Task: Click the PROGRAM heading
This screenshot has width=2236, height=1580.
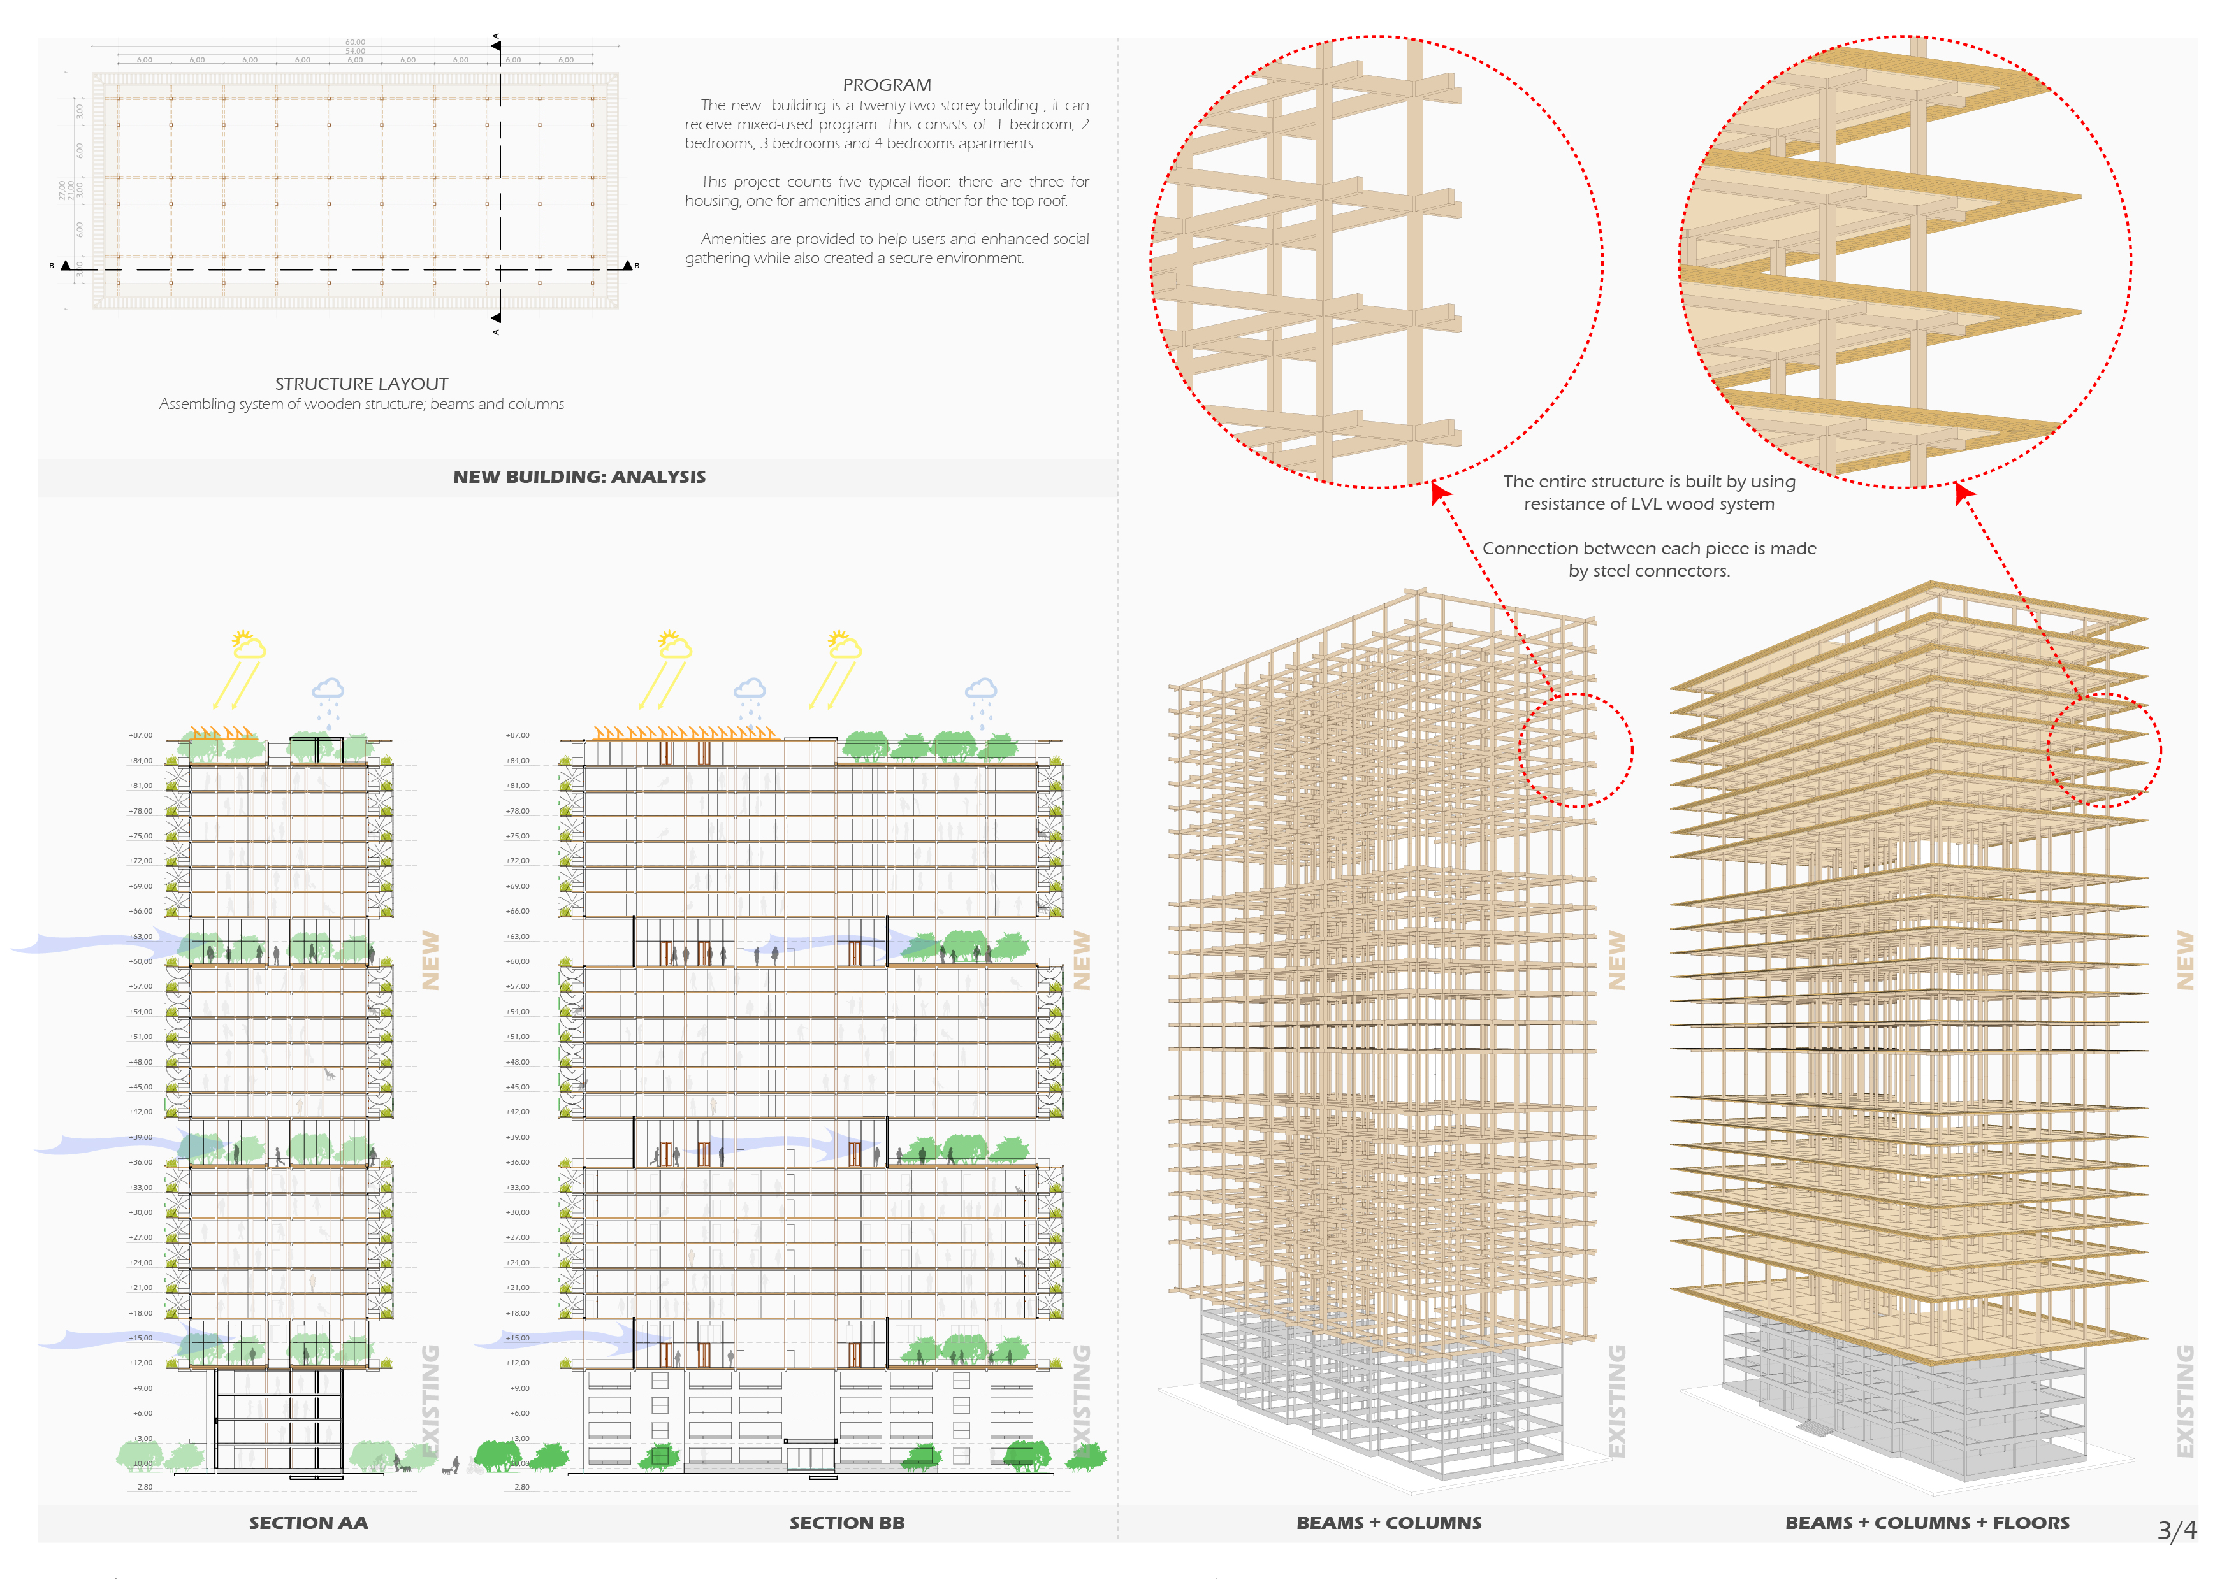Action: (x=886, y=85)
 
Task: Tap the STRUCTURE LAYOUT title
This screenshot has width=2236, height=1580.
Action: (x=361, y=384)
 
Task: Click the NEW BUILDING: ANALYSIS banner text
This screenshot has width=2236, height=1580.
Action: (x=579, y=477)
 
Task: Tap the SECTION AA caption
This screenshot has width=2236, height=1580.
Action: (x=308, y=1523)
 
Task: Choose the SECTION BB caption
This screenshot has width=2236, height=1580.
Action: (x=846, y=1523)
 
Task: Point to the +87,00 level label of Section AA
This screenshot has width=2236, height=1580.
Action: (x=140, y=736)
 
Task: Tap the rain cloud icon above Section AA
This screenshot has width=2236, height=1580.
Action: (x=328, y=691)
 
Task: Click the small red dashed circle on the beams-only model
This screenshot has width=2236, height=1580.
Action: (x=1576, y=750)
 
